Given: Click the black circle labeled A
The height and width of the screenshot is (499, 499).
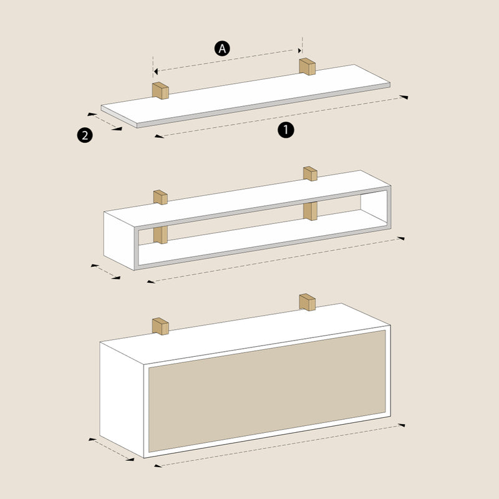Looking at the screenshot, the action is coord(222,49).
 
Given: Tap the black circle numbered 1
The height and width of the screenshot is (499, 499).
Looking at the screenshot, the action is coord(286,130).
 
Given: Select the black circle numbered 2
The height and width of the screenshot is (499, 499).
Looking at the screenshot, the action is coord(85,135).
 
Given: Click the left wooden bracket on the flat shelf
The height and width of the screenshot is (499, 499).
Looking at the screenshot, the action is coord(160,90).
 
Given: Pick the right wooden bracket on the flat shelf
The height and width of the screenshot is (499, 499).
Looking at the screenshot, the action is coord(307,67).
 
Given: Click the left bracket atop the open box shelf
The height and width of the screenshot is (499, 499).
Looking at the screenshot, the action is coord(160,197).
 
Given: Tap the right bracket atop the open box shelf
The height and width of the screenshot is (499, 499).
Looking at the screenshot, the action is coord(310,174).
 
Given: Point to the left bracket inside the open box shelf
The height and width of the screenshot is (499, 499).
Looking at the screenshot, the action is coord(160,235).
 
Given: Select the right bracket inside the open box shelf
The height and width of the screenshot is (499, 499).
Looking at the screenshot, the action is coord(310,211).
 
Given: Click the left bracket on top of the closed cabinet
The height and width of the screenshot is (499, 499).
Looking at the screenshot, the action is coord(160,326).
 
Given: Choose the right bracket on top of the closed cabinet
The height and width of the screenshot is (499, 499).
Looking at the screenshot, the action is coord(308,303).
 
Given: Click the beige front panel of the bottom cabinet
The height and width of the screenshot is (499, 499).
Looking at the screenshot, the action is coord(267,391).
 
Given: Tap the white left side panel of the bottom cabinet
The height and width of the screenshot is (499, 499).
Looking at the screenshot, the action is coord(122,400).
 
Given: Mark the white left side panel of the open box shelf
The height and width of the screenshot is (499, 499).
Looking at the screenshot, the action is coord(119,241).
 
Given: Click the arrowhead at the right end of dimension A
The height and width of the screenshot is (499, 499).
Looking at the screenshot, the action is coord(299,51).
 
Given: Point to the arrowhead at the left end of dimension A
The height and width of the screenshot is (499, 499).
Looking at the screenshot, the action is coord(155,71).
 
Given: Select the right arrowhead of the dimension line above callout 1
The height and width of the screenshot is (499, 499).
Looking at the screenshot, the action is coord(404,97).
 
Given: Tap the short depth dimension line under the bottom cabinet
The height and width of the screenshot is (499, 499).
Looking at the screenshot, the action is coord(111,449).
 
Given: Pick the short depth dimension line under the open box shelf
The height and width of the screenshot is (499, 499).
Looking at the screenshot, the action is coord(105,271).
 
